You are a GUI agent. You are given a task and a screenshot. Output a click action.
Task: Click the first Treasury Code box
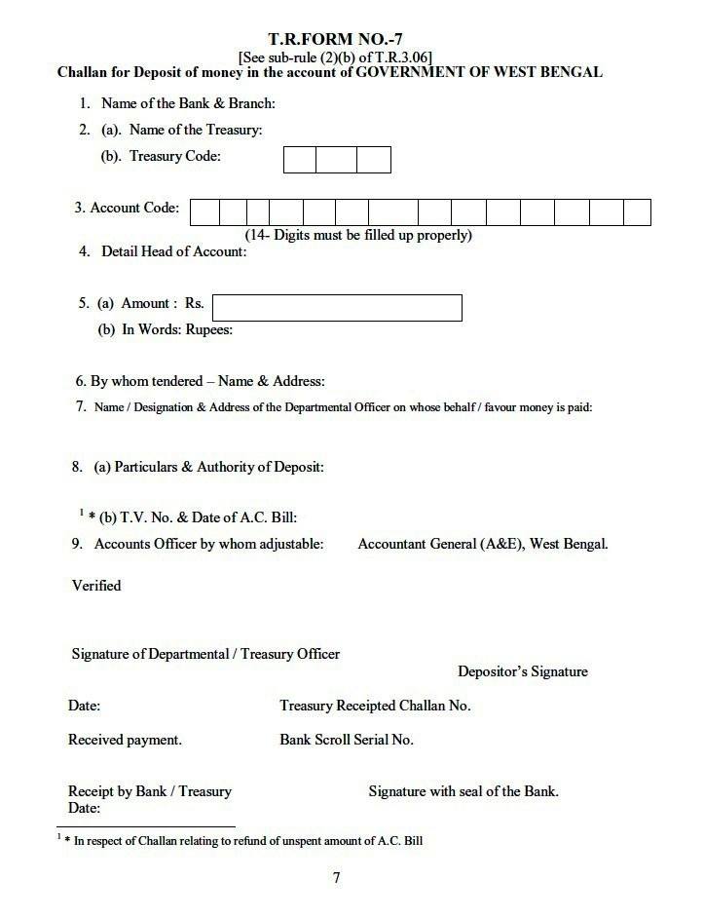tap(299, 160)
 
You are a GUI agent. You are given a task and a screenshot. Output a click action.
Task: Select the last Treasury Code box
tap(374, 160)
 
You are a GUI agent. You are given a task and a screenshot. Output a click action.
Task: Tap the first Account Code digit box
tap(204, 211)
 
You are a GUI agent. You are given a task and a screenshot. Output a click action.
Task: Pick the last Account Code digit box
tap(637, 211)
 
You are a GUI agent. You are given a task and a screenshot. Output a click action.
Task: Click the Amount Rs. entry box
tap(337, 307)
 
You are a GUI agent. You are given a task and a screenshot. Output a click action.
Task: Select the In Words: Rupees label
tap(166, 329)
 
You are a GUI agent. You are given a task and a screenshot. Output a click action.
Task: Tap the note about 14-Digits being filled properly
tap(358, 235)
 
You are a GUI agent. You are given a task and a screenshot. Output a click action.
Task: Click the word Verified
tap(96, 586)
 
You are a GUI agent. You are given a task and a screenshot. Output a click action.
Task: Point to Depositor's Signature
tap(523, 671)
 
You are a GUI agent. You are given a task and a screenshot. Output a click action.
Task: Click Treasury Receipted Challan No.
tap(375, 706)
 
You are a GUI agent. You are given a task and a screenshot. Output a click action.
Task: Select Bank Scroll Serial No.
tap(347, 740)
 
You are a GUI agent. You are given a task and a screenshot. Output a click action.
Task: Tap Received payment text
tap(125, 740)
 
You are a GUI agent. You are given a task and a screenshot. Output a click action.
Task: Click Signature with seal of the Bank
tap(463, 791)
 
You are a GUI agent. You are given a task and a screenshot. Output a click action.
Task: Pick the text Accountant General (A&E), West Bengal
tap(483, 544)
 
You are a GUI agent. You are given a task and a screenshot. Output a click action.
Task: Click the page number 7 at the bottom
tap(337, 878)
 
